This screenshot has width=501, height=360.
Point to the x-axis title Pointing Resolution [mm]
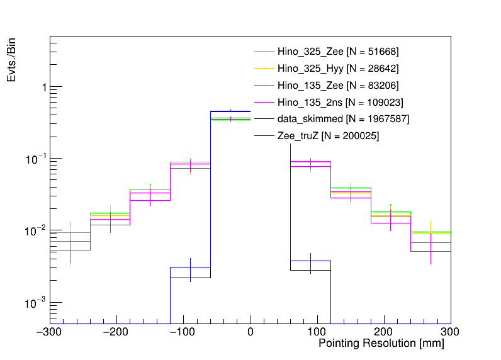coord(381,344)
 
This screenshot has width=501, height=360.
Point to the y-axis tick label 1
coord(43,87)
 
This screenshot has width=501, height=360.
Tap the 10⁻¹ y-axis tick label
coord(38,159)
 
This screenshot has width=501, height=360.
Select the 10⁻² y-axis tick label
coord(38,231)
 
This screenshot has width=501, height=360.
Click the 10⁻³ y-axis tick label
coord(38,303)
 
